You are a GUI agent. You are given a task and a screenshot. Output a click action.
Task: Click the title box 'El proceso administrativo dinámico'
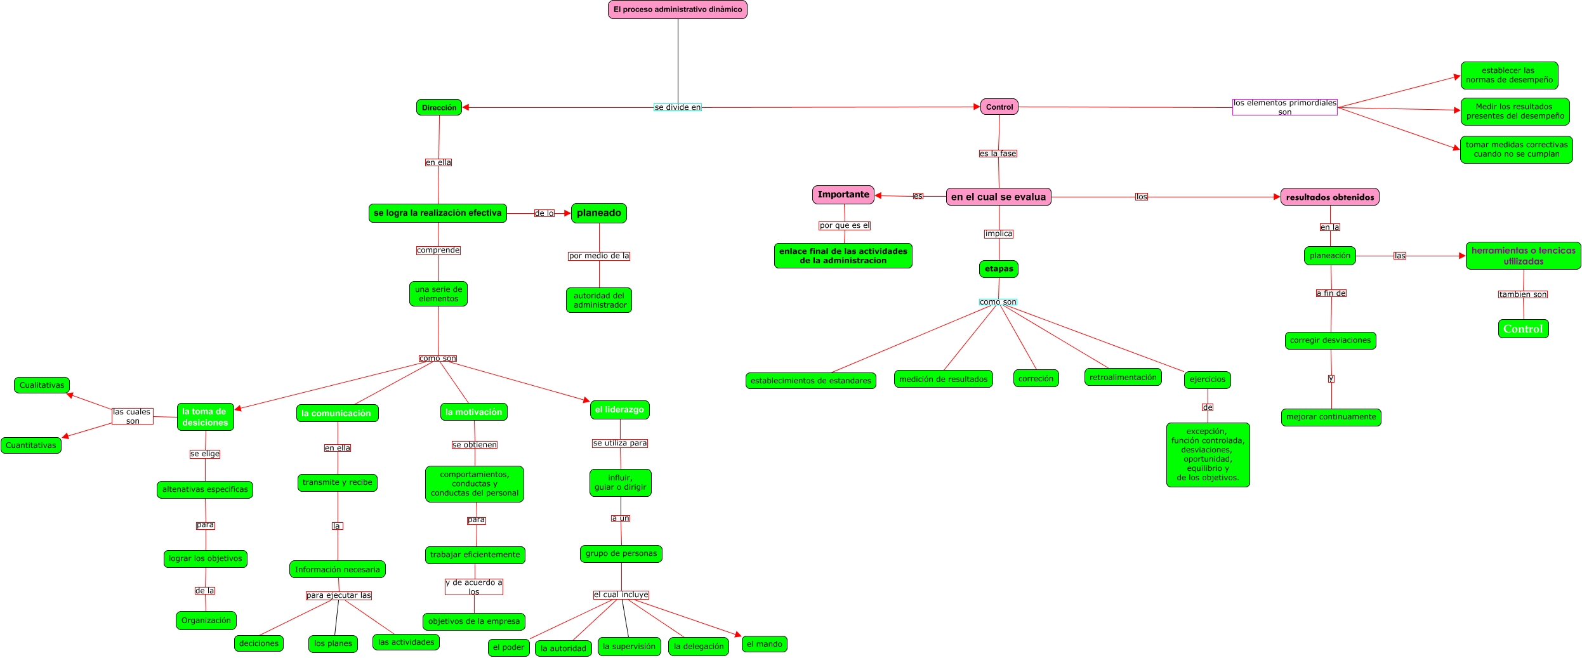click(x=677, y=10)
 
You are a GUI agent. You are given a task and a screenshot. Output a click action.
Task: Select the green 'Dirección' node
click(x=438, y=108)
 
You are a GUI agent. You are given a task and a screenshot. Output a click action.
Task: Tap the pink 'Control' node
click(x=999, y=107)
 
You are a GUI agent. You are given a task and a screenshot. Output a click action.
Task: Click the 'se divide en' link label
click(x=677, y=107)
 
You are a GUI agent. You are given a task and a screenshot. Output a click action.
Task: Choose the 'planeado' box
click(x=598, y=213)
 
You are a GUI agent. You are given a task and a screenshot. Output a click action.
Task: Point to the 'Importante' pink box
click(x=843, y=195)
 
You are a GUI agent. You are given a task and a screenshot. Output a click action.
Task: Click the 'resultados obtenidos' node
click(x=1329, y=197)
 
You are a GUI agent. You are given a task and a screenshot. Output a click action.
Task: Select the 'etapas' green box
click(x=998, y=269)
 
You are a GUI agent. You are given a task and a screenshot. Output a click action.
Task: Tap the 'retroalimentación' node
click(x=1123, y=378)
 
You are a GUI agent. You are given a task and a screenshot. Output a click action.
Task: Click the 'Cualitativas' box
click(x=42, y=385)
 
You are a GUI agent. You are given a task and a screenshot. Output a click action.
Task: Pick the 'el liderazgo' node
click(x=619, y=410)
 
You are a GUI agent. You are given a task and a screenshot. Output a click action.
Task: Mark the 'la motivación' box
click(x=473, y=412)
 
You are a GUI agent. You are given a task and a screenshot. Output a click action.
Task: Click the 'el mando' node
click(x=764, y=644)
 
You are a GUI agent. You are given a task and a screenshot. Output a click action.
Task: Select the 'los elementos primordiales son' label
click(x=1284, y=107)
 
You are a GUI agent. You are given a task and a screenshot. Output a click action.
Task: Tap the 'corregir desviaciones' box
click(x=1330, y=341)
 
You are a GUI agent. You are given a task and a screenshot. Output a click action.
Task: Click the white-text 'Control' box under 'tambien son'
click(x=1523, y=329)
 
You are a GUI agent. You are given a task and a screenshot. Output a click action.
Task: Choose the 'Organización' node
click(x=206, y=621)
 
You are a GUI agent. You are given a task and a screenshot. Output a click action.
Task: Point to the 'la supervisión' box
click(x=629, y=647)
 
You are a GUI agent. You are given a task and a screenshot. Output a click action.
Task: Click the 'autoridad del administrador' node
click(x=599, y=300)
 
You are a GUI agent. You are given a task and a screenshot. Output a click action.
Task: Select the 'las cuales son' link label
click(x=132, y=416)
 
